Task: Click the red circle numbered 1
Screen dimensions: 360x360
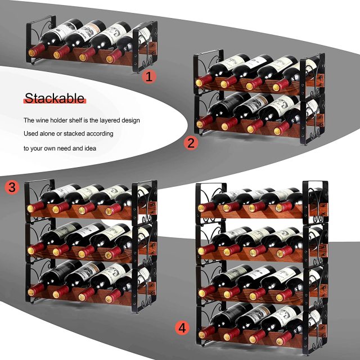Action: (x=148, y=76)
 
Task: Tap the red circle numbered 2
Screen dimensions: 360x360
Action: (x=192, y=143)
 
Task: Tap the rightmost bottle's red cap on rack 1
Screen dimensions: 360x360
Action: (x=110, y=57)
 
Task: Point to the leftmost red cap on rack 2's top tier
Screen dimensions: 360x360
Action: (x=200, y=82)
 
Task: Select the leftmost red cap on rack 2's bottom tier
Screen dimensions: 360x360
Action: (x=202, y=120)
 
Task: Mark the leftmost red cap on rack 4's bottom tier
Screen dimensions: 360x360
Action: (x=202, y=330)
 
